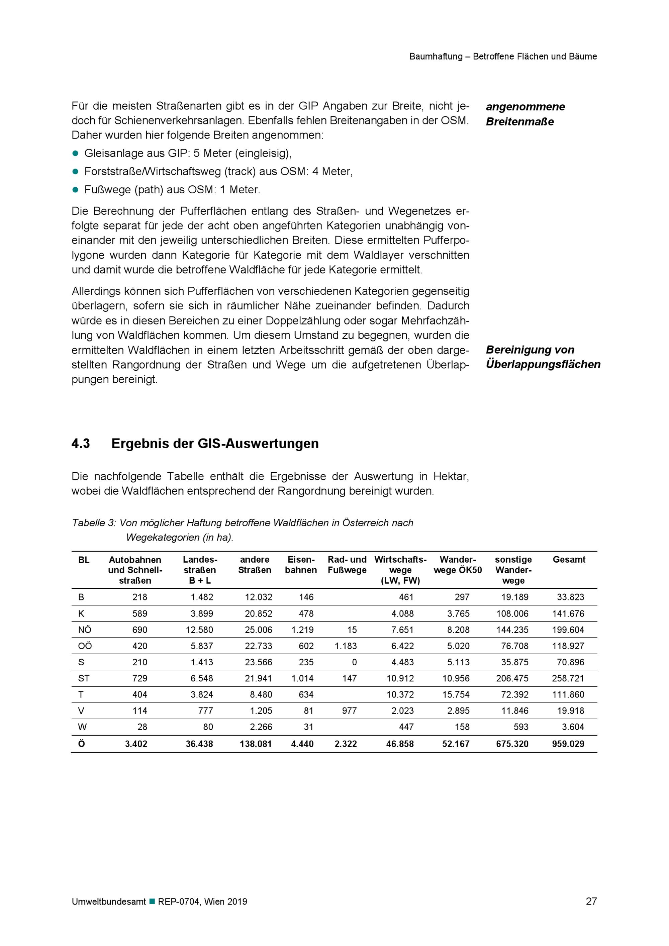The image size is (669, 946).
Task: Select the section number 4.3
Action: pyautogui.click(x=81, y=444)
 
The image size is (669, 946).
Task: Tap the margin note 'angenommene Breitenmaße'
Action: pyautogui.click(x=525, y=114)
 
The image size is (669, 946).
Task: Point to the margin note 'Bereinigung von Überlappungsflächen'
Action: pyautogui.click(x=543, y=357)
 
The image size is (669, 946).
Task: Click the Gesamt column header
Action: pyautogui.click(x=569, y=560)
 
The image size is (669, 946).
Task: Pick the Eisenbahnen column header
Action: pyautogui.click(x=301, y=565)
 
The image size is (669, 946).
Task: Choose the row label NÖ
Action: pyautogui.click(x=85, y=630)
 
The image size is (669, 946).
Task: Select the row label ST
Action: pyautogui.click(x=84, y=678)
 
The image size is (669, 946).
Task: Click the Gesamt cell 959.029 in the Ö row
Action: pyautogui.click(x=568, y=744)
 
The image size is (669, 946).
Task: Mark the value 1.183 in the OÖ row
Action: pyautogui.click(x=346, y=646)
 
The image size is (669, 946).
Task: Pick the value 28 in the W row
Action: pyautogui.click(x=142, y=727)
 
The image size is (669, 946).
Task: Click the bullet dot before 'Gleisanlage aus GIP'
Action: pyautogui.click(x=75, y=153)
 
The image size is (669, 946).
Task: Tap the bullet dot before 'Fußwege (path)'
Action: pyautogui.click(x=75, y=190)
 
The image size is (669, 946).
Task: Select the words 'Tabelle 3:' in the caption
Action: pyautogui.click(x=94, y=523)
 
